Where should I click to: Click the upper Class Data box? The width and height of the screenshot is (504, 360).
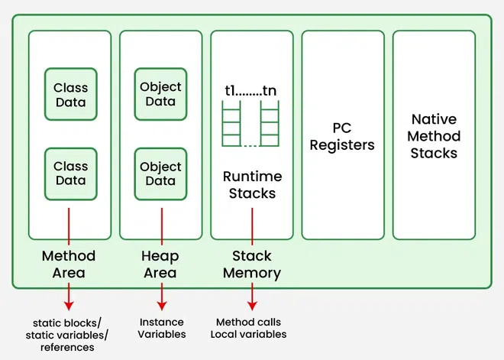pyautogui.click(x=70, y=95)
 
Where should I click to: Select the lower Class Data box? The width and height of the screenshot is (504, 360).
pyautogui.click(x=70, y=173)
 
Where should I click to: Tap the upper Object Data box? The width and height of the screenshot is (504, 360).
pyautogui.click(x=160, y=95)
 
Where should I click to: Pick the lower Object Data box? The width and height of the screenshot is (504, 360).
pyautogui.click(x=160, y=174)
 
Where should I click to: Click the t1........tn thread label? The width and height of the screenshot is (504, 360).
pyautogui.click(x=250, y=91)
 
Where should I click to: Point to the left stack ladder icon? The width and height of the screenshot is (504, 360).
pyautogui.click(x=231, y=126)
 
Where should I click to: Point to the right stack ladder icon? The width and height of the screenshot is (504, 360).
pyautogui.click(x=270, y=126)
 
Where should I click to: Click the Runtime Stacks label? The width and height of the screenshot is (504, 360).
pyautogui.click(x=252, y=185)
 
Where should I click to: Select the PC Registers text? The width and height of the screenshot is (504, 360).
pyautogui.click(x=341, y=136)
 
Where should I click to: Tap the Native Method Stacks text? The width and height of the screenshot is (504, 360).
pyautogui.click(x=434, y=136)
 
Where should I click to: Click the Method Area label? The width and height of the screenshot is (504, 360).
pyautogui.click(x=69, y=264)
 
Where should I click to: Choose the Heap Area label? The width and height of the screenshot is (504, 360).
pyautogui.click(x=160, y=264)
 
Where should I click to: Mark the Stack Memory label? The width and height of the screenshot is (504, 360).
pyautogui.click(x=252, y=264)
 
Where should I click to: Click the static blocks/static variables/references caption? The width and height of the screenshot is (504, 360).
pyautogui.click(x=68, y=334)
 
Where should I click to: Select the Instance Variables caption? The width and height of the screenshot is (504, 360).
pyautogui.click(x=160, y=328)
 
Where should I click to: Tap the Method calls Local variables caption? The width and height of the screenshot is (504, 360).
pyautogui.click(x=251, y=328)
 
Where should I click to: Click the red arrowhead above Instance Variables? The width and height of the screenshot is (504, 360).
pyautogui.click(x=161, y=306)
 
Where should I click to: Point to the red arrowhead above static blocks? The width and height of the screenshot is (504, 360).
pyautogui.click(x=69, y=306)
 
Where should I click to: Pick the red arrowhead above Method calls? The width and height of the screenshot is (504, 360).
pyautogui.click(x=252, y=306)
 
